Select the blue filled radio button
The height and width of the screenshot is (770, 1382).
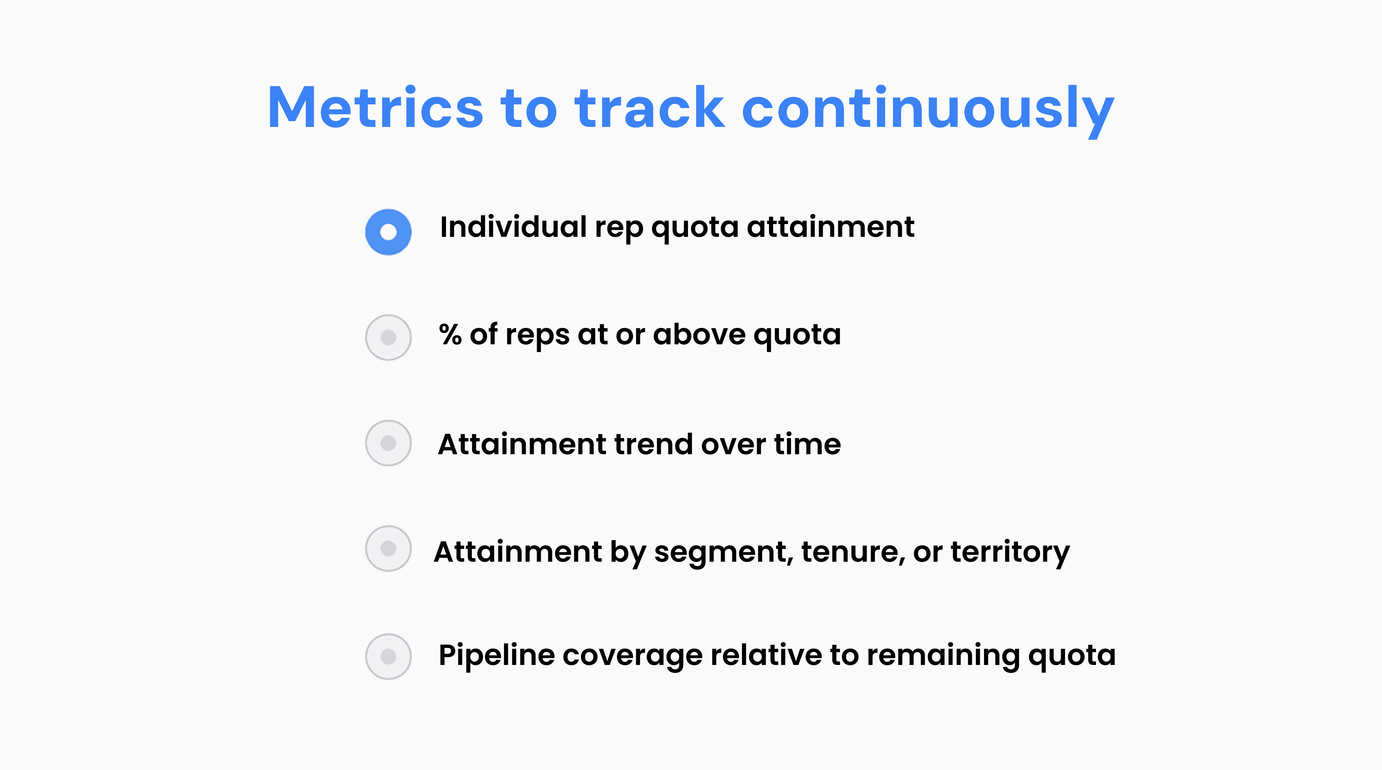[388, 232]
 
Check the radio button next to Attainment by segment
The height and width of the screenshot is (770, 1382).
[388, 548]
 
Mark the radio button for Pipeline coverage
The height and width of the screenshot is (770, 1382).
[388, 656]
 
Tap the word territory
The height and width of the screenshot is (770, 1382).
[1010, 553]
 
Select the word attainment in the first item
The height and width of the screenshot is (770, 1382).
[830, 227]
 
